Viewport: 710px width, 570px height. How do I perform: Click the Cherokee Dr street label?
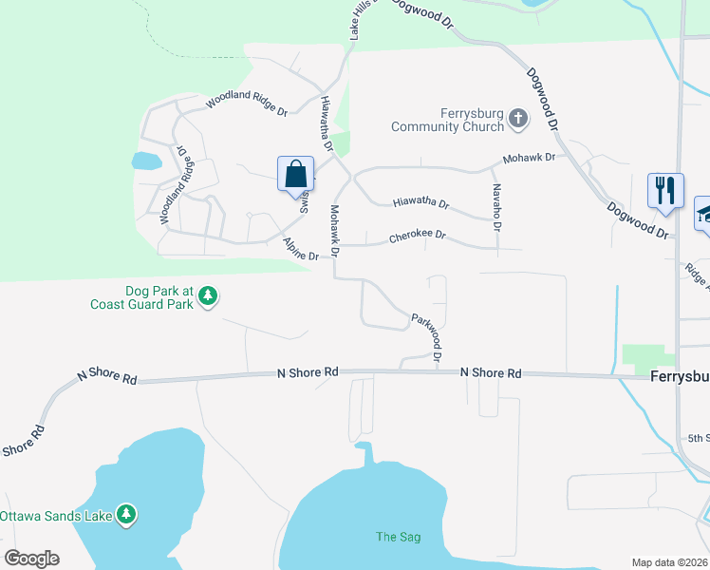pyautogui.click(x=417, y=237)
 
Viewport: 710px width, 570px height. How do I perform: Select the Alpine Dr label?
pyautogui.click(x=301, y=250)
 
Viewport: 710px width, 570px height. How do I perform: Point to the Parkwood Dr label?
pyautogui.click(x=426, y=338)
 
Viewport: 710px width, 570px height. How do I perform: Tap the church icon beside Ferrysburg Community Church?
pyautogui.click(x=517, y=119)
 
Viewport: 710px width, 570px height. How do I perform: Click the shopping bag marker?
pyautogui.click(x=295, y=175)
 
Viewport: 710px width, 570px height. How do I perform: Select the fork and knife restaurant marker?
pyautogui.click(x=665, y=189)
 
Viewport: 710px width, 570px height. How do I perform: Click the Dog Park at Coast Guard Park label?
pyautogui.click(x=142, y=297)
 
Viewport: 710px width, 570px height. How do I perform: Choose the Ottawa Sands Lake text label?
pyautogui.click(x=56, y=516)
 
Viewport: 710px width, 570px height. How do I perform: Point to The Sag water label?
pyautogui.click(x=398, y=537)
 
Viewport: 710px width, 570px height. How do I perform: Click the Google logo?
pyautogui.click(x=31, y=559)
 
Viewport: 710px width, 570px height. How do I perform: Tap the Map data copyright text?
pyautogui.click(x=670, y=562)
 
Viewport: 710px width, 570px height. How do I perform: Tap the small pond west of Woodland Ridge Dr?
pyautogui.click(x=147, y=161)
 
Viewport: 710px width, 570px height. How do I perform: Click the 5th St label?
pyautogui.click(x=699, y=438)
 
